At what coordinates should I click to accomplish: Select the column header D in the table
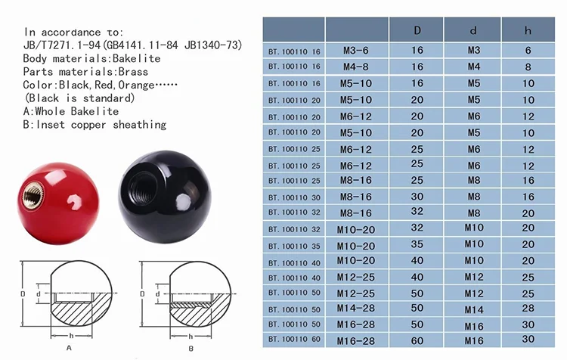tap(417, 30)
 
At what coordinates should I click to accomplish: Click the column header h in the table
tap(528, 30)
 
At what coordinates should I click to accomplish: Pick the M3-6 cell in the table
tap(358, 51)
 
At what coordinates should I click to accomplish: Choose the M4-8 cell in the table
tap(358, 67)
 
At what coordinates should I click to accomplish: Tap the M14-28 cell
tap(358, 308)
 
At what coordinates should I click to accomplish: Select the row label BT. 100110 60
tap(294, 340)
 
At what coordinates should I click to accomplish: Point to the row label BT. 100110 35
tap(294, 244)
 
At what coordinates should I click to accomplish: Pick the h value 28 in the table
tap(528, 308)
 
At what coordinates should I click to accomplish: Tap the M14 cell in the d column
tap(473, 309)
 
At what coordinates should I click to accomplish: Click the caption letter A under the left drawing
tap(69, 348)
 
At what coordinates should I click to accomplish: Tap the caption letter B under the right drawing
tap(191, 348)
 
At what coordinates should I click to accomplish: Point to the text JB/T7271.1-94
tap(65, 45)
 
